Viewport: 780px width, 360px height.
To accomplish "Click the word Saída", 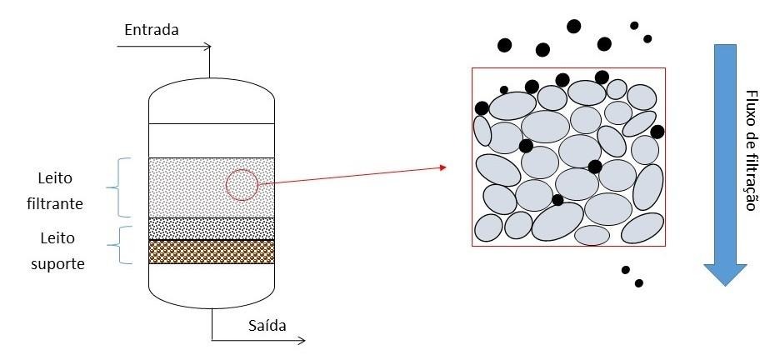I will click(267, 326).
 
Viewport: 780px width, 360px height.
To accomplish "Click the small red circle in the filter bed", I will click(242, 185).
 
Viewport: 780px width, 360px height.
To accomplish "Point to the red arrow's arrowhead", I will click(442, 167).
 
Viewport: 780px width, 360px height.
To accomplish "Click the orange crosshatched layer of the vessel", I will click(212, 252).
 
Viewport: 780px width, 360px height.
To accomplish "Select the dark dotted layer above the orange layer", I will click(212, 228).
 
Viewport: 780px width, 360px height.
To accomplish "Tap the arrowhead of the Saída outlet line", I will click(302, 340).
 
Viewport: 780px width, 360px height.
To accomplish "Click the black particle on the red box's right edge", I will click(657, 132).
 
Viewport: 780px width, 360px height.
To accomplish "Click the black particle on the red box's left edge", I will click(482, 107).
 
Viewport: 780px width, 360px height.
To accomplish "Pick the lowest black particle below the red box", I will click(639, 283).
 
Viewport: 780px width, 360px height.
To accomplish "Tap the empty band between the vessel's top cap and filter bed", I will click(212, 141).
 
